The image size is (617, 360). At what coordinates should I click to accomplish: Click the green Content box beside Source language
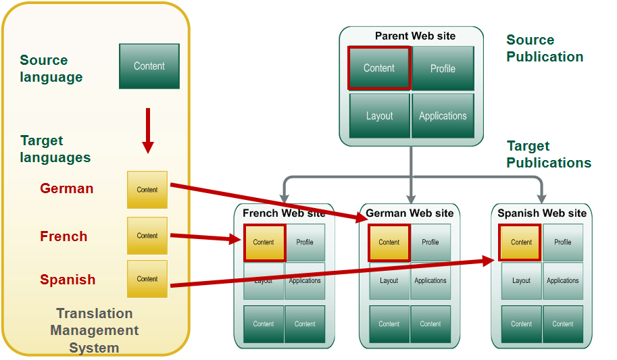[x=149, y=66]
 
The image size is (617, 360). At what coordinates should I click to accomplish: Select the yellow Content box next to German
[x=147, y=190]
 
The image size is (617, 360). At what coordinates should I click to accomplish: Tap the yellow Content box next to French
[x=147, y=236]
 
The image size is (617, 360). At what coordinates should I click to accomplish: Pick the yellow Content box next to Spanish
[x=147, y=279]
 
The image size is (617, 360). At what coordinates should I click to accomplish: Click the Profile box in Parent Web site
[x=443, y=68]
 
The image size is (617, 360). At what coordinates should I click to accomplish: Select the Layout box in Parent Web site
[x=379, y=115]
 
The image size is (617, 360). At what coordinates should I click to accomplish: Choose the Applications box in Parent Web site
[x=443, y=115]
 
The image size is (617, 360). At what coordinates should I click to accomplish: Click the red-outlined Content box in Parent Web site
[x=379, y=68]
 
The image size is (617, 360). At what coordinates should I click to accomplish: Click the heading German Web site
[x=410, y=213]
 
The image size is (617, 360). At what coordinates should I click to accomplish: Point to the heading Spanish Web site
[x=542, y=213]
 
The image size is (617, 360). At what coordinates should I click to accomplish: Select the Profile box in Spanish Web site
[x=563, y=242]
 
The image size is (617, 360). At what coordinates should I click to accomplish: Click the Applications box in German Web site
[x=430, y=281]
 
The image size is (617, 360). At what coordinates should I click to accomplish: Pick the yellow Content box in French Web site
[x=264, y=242]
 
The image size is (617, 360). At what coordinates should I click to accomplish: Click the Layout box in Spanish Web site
[x=521, y=281]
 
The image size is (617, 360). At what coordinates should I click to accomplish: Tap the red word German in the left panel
[x=67, y=188]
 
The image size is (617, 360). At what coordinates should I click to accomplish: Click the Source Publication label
[x=545, y=49]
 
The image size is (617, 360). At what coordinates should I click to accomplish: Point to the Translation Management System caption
[x=95, y=331]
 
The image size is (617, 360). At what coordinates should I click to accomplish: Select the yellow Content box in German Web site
[x=389, y=242]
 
